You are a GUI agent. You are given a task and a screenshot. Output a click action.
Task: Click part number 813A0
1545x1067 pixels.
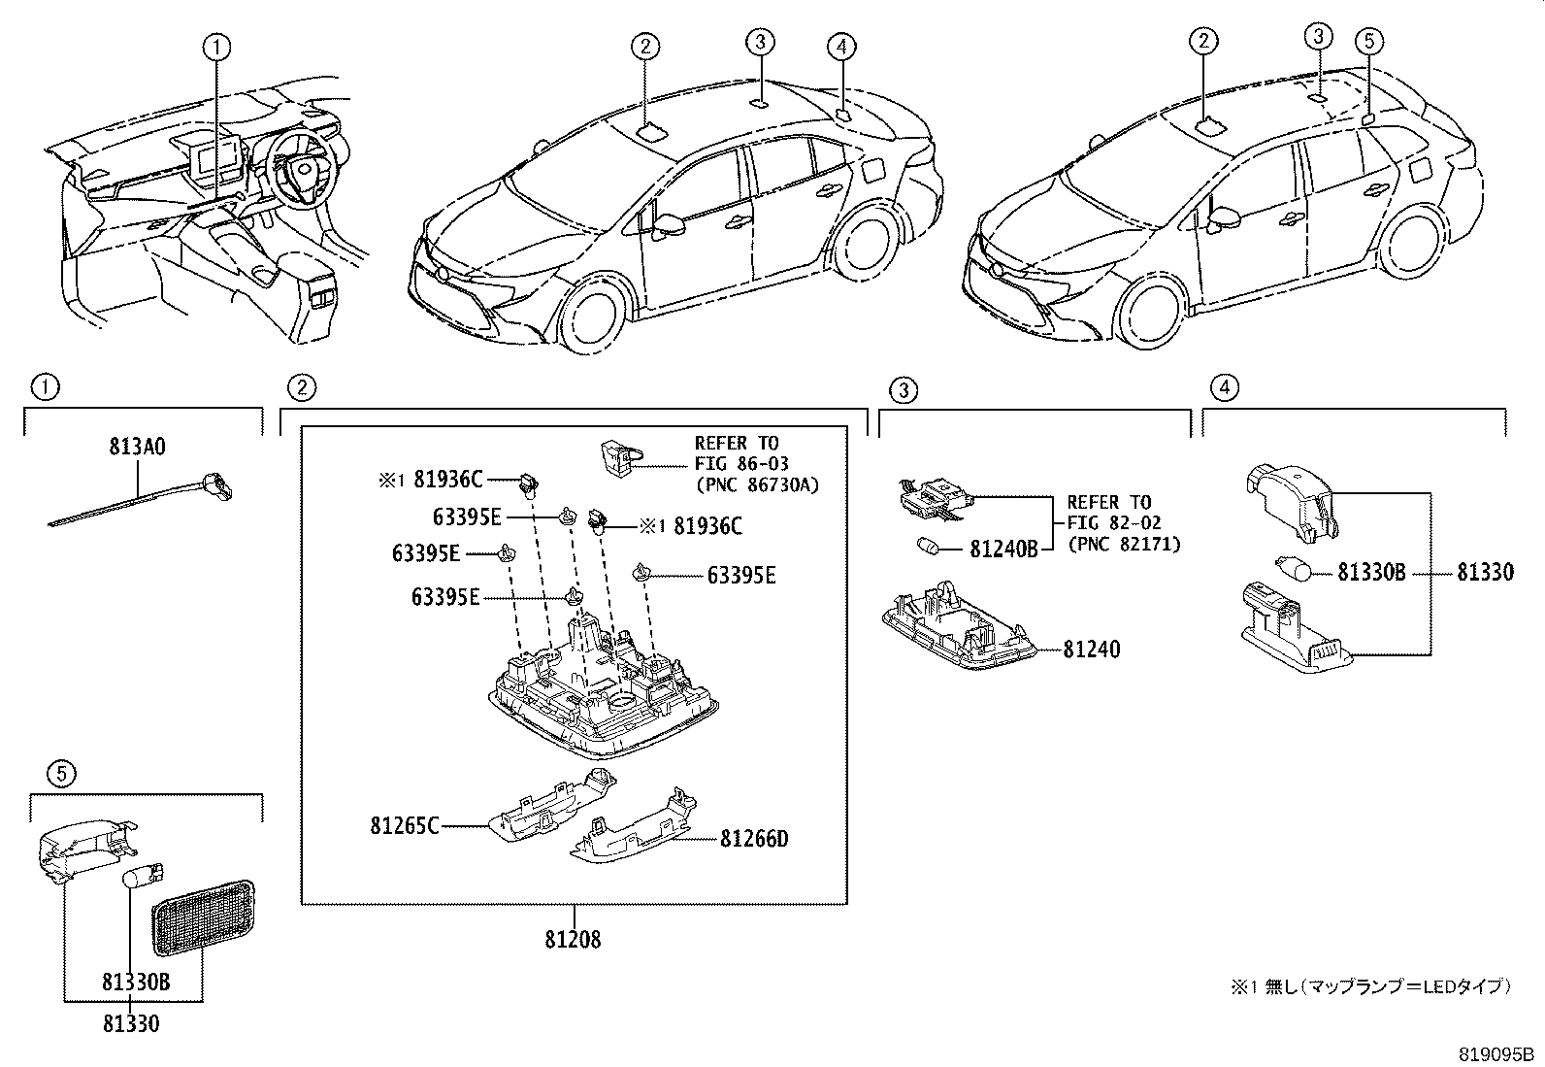(x=136, y=448)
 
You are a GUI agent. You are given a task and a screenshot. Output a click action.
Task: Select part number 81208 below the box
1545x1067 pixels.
(x=573, y=940)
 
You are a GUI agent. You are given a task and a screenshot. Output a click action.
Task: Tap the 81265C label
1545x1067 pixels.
(x=404, y=826)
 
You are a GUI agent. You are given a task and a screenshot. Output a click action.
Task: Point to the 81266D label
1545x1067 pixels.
(x=754, y=839)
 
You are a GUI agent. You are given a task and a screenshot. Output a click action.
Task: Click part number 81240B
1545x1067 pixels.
(x=1003, y=550)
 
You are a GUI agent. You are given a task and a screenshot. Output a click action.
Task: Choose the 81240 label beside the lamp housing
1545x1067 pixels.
(x=1091, y=649)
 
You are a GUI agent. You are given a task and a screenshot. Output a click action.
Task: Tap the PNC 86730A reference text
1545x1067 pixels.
(x=757, y=484)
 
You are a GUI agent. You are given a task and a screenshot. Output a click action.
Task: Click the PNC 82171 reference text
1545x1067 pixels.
(x=1124, y=545)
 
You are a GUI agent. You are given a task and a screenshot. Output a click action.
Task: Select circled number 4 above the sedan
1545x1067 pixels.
(x=841, y=45)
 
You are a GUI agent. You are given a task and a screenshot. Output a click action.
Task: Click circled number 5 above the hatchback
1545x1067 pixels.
(x=1368, y=41)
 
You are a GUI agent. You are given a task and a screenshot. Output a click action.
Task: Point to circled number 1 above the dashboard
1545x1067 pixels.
(x=216, y=45)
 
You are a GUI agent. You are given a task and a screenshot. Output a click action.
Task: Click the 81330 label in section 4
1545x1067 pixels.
(x=1485, y=573)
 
